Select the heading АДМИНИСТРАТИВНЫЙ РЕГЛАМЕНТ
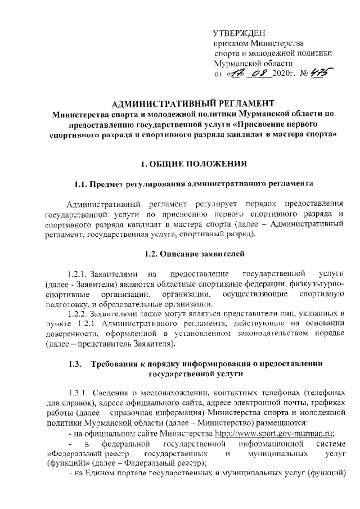(x=193, y=103)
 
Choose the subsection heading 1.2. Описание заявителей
(x=194, y=254)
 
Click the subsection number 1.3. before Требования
(x=75, y=363)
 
